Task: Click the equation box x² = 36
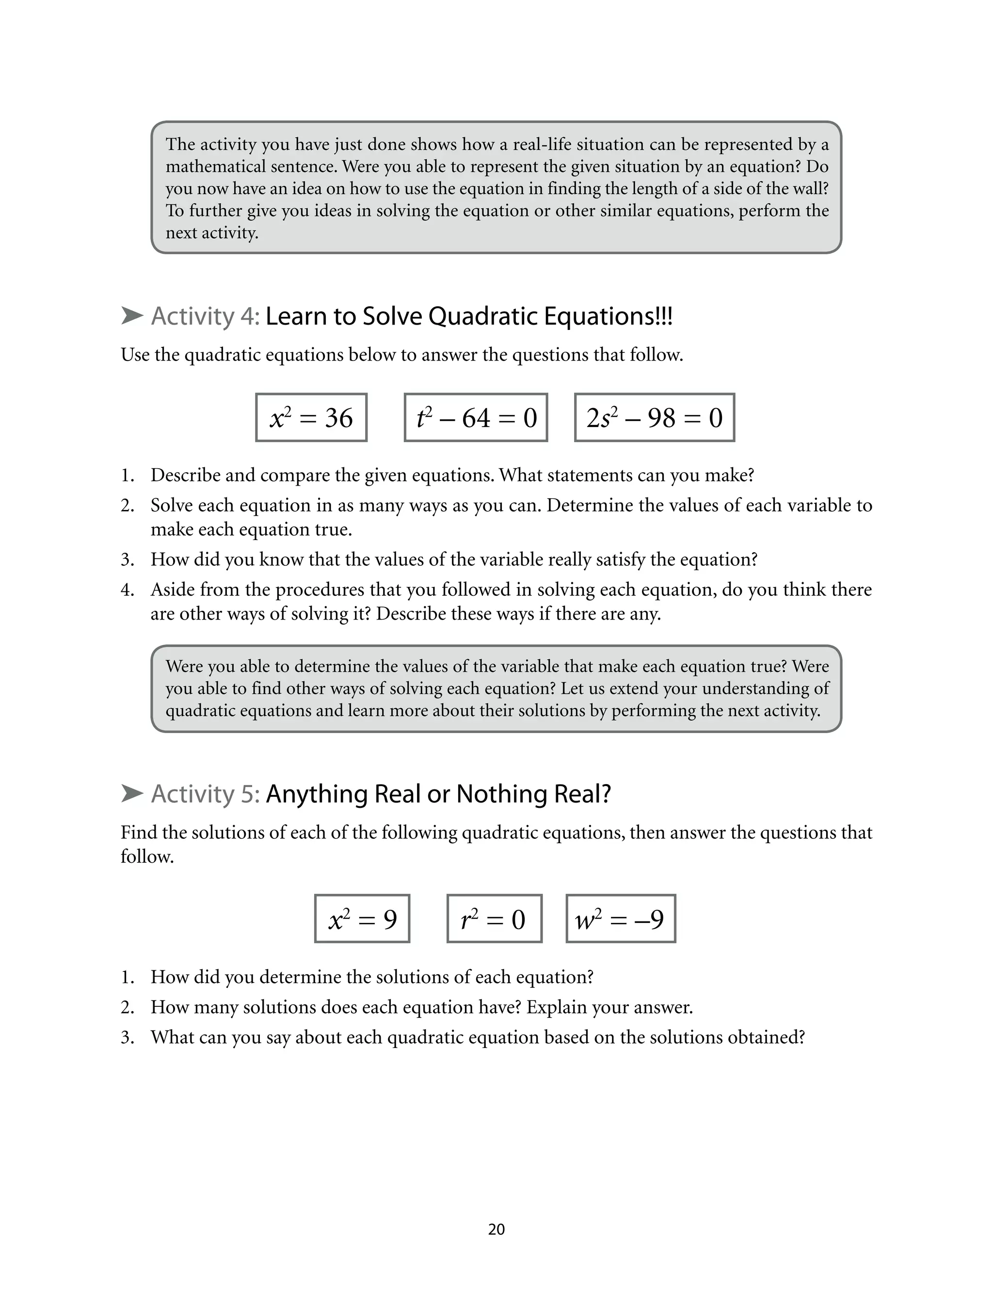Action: (311, 417)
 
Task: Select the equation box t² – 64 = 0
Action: (476, 417)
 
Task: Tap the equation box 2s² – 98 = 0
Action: (654, 417)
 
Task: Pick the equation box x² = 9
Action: (362, 918)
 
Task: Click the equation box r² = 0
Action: (494, 918)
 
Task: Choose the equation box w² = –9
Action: (621, 918)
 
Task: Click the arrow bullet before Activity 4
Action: (132, 316)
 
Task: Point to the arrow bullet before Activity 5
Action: (132, 794)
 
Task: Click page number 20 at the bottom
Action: (496, 1229)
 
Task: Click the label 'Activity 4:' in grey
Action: (205, 317)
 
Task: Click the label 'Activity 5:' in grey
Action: (205, 794)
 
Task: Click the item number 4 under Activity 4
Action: (127, 590)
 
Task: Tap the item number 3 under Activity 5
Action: (127, 1037)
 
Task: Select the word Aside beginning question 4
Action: (172, 590)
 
